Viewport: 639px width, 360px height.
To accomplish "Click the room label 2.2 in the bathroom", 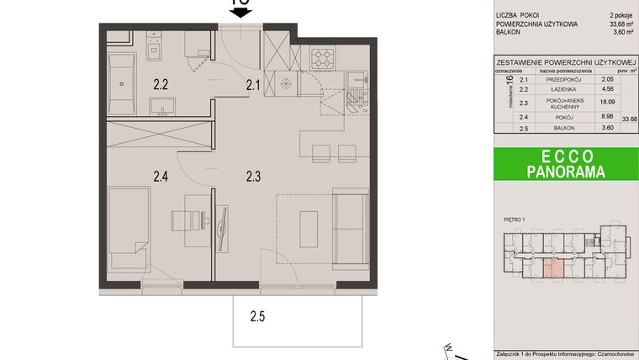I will point(161,83).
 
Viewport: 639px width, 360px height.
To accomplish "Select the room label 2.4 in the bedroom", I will point(161,177).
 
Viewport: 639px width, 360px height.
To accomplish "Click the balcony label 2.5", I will point(257,317).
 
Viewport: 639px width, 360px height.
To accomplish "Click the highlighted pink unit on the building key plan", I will point(552,268).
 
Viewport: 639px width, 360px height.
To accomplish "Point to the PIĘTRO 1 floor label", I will point(515,221).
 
